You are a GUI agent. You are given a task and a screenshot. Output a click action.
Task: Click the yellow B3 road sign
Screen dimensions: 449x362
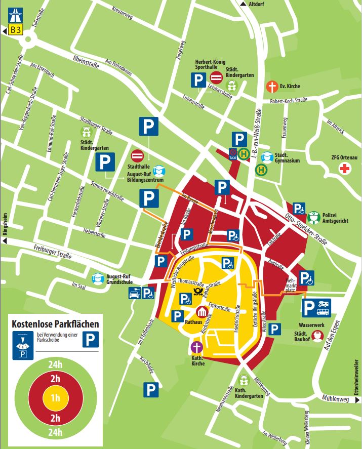tap(15, 30)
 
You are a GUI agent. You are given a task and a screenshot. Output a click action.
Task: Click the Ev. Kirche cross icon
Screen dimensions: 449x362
tap(272, 87)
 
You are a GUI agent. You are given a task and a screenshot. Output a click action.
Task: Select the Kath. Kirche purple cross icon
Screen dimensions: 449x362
tap(196, 348)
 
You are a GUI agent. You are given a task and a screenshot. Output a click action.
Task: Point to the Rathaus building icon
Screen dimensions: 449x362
tap(202, 312)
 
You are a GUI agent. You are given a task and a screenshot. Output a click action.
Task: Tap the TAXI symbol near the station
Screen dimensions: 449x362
tap(233, 154)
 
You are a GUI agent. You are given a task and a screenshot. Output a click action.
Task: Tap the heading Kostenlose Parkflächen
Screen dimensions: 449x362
tap(56, 322)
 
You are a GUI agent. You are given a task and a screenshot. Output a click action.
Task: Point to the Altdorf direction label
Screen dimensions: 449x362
tap(256, 5)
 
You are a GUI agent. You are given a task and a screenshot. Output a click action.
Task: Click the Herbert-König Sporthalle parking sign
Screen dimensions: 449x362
tap(198, 79)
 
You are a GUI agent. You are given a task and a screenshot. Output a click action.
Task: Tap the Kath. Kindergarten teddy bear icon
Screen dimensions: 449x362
tap(244, 380)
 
